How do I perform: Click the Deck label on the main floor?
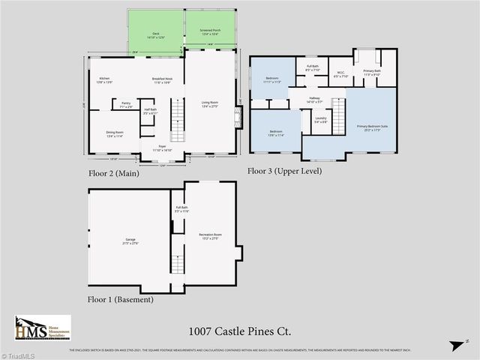point(157,32)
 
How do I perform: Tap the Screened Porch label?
point(209,32)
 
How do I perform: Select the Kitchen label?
point(105,80)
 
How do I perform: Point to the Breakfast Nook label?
point(163,80)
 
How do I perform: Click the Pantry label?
point(126,106)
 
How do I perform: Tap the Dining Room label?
point(115,133)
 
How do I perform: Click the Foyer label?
point(163,148)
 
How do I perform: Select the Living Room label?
point(209,104)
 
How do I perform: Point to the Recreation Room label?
point(210,236)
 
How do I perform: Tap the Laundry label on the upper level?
point(320,119)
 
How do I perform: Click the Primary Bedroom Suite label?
point(372,127)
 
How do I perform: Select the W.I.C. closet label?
point(340,73)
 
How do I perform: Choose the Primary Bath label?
point(373,72)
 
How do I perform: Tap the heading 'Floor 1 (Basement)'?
point(120,299)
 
